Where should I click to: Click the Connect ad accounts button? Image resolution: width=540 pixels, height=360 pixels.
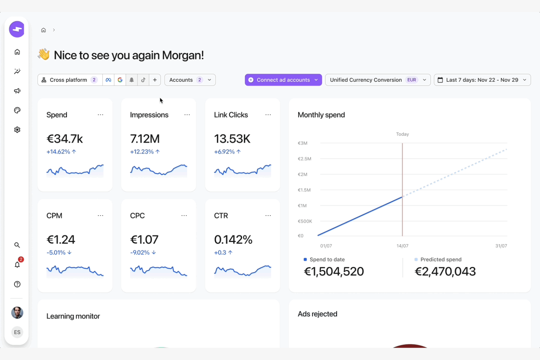[x=283, y=80]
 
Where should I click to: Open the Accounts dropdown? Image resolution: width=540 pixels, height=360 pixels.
[x=190, y=80]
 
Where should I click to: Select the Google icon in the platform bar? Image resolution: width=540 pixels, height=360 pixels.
[x=120, y=80]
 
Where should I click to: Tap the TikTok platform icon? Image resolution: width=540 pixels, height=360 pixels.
[x=143, y=80]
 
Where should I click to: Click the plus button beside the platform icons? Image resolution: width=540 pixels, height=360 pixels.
[x=155, y=80]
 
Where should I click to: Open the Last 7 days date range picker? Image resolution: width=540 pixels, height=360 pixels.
[x=482, y=80]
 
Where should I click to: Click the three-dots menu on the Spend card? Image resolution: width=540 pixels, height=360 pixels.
[x=100, y=115]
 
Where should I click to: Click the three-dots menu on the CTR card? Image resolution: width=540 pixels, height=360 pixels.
[x=268, y=216]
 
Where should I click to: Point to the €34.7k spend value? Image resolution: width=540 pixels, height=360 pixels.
[x=65, y=139]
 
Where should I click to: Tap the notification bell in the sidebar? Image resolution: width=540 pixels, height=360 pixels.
[x=17, y=265]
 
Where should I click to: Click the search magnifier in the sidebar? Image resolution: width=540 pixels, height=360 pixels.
[x=17, y=245]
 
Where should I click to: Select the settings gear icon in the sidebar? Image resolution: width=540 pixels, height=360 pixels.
[x=17, y=130]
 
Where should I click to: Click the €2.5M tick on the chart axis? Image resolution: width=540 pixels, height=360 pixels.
[x=304, y=159]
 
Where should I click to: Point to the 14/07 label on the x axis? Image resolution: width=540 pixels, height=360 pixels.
[x=402, y=246]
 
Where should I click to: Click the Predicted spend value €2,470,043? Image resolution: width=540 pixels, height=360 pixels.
[x=445, y=271]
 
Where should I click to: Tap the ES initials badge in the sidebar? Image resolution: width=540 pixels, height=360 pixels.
[x=17, y=332]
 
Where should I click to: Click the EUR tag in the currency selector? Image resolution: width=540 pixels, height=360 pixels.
[x=412, y=80]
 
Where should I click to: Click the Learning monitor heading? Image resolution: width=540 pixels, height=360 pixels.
[x=73, y=316]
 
